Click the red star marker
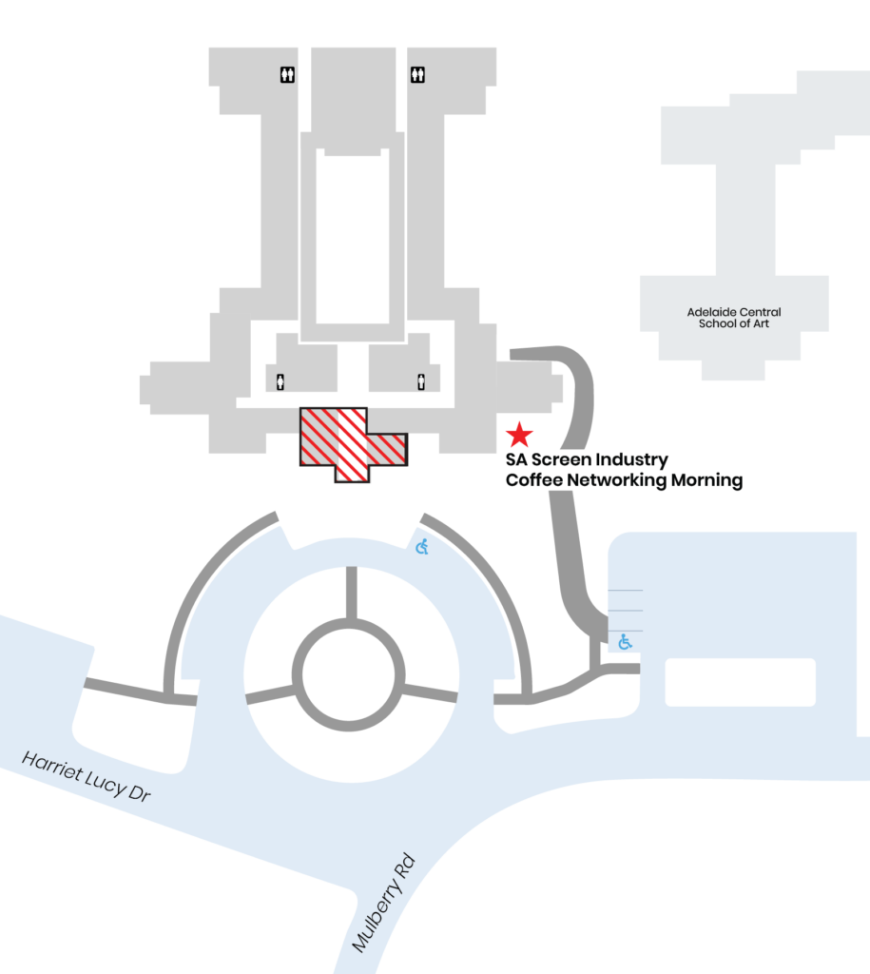point(519,435)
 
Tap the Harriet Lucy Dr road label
point(87,776)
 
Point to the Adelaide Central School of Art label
point(734,318)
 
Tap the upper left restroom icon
point(287,74)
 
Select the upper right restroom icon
point(417,74)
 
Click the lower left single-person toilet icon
point(280,381)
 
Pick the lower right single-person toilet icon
point(421,381)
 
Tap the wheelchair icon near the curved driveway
point(422,547)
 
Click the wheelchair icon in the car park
point(625,642)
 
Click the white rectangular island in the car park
point(741,682)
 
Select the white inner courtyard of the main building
point(353,236)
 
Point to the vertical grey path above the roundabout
point(352,594)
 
